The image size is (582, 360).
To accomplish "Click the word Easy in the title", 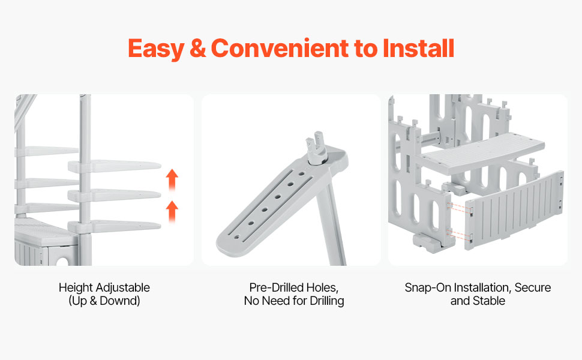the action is (x=156, y=49).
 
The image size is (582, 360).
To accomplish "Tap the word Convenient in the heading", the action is (x=280, y=48).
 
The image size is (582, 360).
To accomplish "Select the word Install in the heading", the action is (x=418, y=48).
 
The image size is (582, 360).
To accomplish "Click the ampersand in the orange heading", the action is (x=197, y=49).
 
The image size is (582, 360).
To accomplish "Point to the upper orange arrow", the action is (x=172, y=179).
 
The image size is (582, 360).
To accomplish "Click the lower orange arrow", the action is (x=172, y=211).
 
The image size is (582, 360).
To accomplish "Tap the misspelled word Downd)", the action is (x=120, y=301).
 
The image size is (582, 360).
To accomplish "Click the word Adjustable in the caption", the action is (x=122, y=288).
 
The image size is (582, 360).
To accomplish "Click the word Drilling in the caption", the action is (x=326, y=301).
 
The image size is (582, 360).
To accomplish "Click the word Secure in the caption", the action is (x=533, y=287).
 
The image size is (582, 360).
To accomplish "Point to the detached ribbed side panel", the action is (x=514, y=210).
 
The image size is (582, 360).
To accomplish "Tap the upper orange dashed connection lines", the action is (x=459, y=207).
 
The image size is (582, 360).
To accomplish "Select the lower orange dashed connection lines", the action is (x=459, y=234).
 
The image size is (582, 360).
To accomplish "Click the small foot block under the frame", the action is (x=426, y=243).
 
